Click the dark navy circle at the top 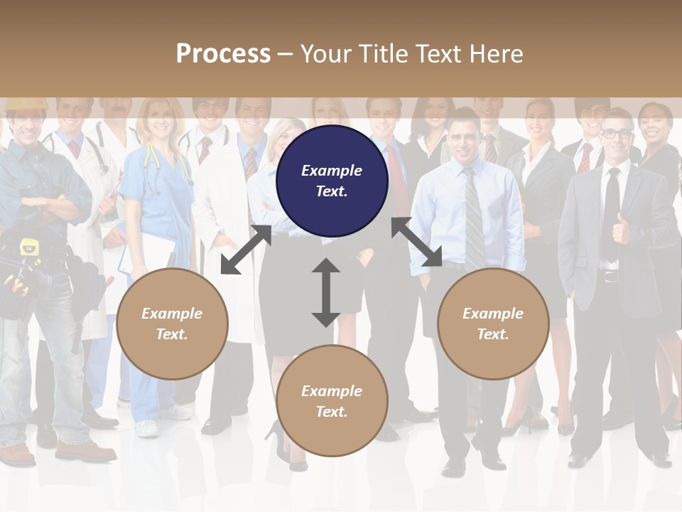332,181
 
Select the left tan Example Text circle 172,324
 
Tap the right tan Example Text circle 493,324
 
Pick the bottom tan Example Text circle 332,401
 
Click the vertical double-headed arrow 326,293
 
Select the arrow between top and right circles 417,242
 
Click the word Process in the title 223,53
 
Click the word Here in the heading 497,53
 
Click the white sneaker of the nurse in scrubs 146,428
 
